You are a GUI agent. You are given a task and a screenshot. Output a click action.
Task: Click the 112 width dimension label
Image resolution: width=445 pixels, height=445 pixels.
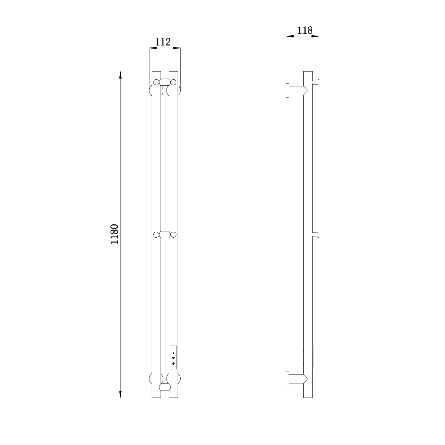pyautogui.click(x=163, y=42)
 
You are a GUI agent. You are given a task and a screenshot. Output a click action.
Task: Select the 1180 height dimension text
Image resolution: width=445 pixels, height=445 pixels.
pyautogui.click(x=115, y=234)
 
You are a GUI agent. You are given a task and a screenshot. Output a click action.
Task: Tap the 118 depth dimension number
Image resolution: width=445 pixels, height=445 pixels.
pyautogui.click(x=305, y=30)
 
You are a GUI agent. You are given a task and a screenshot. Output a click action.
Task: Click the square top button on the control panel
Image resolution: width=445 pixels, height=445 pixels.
pyautogui.click(x=173, y=353)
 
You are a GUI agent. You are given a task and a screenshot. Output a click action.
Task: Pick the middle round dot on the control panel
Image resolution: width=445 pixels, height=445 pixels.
pyautogui.click(x=173, y=358)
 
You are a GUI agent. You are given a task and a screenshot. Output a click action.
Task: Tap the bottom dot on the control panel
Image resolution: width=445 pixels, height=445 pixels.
pyautogui.click(x=173, y=363)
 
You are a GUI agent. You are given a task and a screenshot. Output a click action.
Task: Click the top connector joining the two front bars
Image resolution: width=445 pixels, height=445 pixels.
pyautogui.click(x=165, y=82)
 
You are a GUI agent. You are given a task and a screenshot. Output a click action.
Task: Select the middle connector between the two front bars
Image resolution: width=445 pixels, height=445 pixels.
pyautogui.click(x=165, y=235)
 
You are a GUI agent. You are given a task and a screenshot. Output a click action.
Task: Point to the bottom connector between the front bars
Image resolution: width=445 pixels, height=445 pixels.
pyautogui.click(x=165, y=387)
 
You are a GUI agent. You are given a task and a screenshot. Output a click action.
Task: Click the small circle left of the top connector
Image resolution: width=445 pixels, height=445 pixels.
pyautogui.click(x=156, y=82)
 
